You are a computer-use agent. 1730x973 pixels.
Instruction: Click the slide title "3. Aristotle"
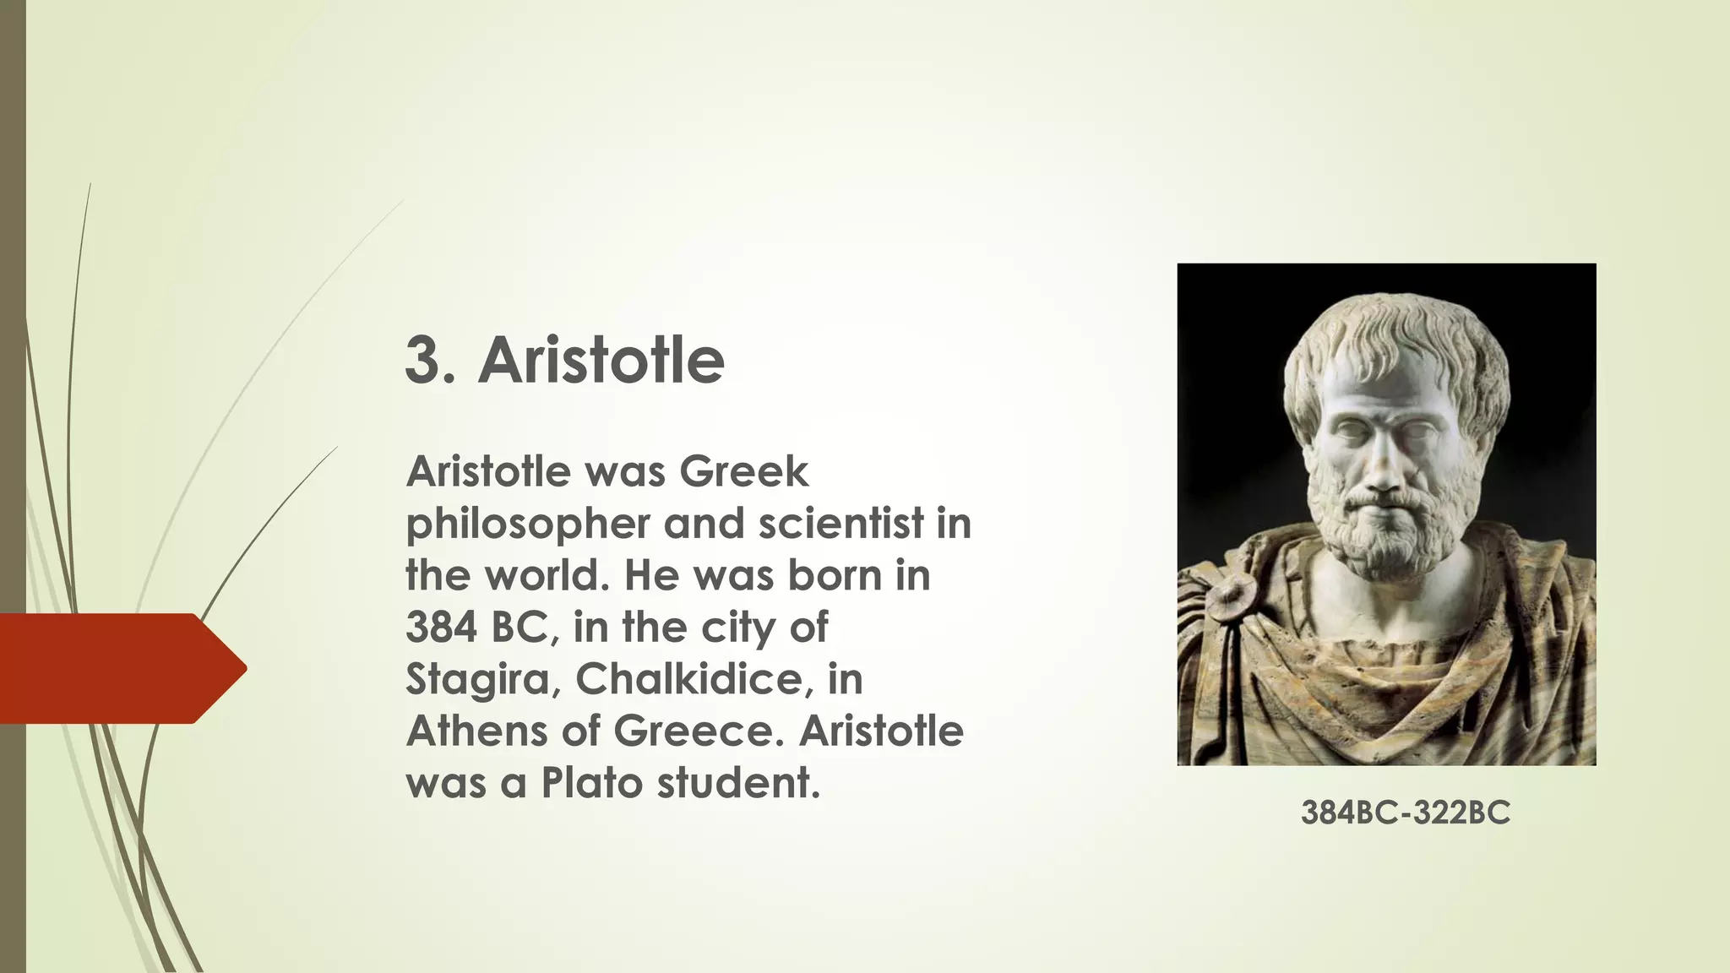pos(564,361)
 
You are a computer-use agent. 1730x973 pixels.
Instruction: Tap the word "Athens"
pos(476,731)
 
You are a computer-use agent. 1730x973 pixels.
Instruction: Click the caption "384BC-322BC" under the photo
pos(1405,813)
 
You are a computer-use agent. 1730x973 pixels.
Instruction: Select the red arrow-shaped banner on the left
pos(118,668)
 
